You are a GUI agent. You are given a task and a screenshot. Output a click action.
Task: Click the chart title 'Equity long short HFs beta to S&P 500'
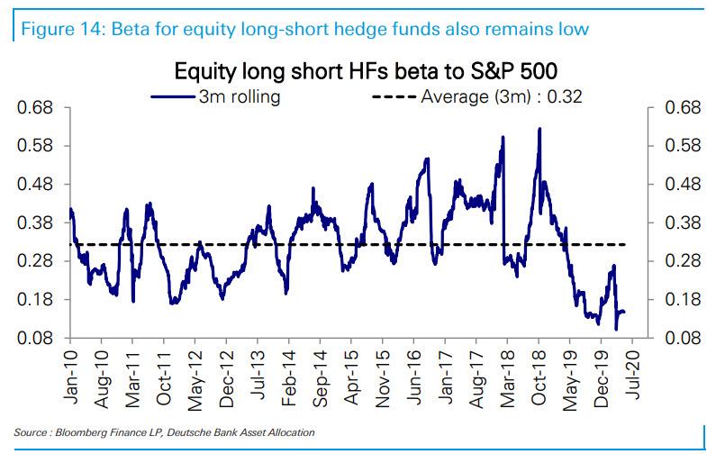click(x=366, y=71)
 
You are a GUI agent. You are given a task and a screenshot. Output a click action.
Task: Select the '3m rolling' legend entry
click(x=215, y=96)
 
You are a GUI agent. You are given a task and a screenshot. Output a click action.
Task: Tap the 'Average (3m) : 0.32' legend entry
click(x=477, y=96)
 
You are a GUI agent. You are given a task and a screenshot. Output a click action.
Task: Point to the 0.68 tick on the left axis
click(x=35, y=108)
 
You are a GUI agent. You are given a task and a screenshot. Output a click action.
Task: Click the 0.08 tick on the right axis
click(x=683, y=338)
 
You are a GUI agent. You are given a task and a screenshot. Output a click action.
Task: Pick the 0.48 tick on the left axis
click(x=35, y=185)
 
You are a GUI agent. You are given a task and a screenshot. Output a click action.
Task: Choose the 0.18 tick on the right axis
click(x=683, y=300)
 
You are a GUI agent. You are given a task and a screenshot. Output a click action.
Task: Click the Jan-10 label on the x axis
click(x=70, y=377)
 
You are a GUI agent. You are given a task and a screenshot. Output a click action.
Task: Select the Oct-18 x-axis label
click(x=539, y=377)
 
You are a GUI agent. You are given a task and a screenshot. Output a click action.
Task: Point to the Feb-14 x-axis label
click(x=289, y=378)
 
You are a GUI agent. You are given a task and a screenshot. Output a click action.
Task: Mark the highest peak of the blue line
click(x=539, y=129)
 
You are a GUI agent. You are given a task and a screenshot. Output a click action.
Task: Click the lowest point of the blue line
click(x=616, y=329)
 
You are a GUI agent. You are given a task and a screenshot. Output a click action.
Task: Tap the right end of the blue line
click(x=624, y=312)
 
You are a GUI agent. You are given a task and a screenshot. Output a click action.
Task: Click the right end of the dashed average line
click(x=625, y=245)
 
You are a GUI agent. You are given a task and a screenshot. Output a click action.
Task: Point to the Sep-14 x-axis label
click(x=320, y=378)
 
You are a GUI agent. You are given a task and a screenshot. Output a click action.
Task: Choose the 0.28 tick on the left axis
click(x=35, y=261)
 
